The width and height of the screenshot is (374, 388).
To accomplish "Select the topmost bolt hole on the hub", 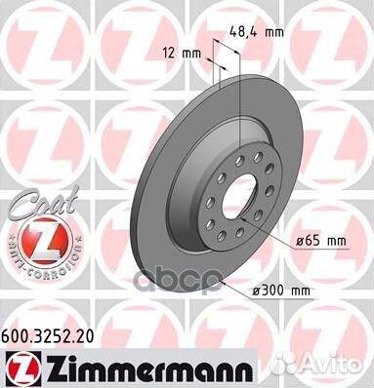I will pyautogui.click(x=238, y=146).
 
